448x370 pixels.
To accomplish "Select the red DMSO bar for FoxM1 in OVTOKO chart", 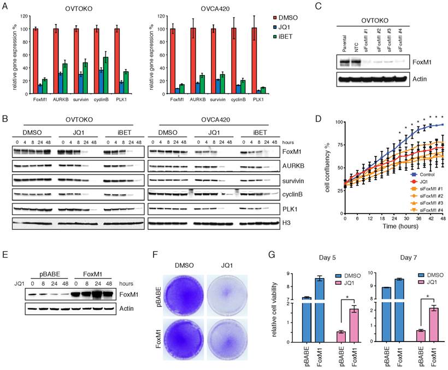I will click(36, 60).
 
